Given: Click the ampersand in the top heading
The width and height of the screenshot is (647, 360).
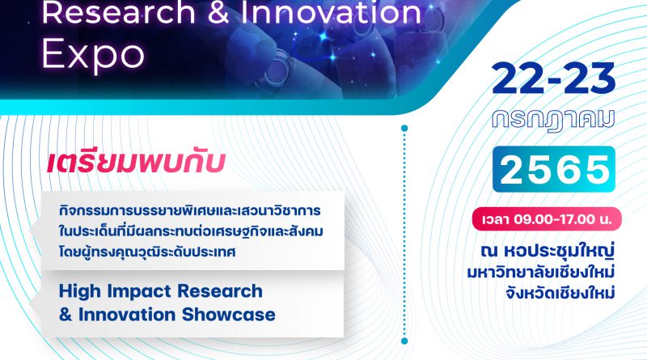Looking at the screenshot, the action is (218, 11).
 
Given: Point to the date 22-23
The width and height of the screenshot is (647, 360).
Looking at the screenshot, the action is (553, 78).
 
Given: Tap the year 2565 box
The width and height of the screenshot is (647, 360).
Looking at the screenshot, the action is (554, 169).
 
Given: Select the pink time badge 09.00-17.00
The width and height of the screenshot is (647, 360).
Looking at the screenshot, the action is (547, 218).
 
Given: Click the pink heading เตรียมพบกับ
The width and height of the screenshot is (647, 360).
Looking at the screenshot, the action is (136, 163).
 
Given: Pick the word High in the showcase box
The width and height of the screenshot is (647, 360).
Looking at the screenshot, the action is (79, 292).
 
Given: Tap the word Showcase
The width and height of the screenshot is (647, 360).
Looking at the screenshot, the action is (229, 315).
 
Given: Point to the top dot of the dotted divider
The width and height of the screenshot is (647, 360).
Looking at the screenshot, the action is (404, 129).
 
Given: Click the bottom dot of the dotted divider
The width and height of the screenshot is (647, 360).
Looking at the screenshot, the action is (404, 341).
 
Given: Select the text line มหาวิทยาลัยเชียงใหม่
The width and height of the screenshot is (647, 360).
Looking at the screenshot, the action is (541, 273).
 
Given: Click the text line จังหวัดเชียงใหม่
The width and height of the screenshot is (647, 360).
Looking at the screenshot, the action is (560, 293).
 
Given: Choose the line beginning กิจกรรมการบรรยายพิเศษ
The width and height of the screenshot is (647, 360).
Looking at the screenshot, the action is (189, 210).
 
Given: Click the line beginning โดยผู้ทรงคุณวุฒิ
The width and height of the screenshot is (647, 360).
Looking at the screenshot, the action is (147, 252).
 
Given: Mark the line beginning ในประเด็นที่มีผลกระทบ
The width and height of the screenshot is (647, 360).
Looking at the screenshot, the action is (191, 231).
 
